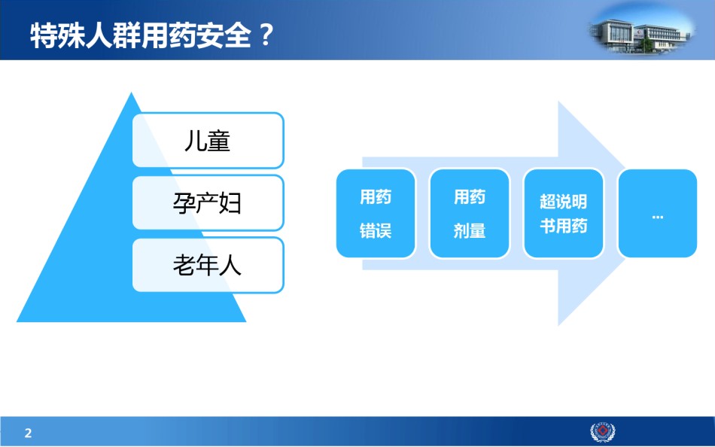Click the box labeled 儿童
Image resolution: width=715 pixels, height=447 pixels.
click(208, 140)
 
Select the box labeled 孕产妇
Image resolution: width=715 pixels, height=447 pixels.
click(208, 202)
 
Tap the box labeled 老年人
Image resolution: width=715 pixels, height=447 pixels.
click(208, 265)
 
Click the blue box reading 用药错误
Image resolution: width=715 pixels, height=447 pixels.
click(376, 214)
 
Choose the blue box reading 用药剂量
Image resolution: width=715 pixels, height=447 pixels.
click(470, 214)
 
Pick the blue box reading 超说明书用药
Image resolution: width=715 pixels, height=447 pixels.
click(564, 214)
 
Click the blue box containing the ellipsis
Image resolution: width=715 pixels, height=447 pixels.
click(658, 214)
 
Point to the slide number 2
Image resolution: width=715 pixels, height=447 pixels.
click(29, 433)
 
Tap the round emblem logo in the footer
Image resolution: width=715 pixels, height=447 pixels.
click(603, 432)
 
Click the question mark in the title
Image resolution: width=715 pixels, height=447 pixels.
click(265, 35)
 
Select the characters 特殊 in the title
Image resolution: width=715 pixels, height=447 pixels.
click(57, 35)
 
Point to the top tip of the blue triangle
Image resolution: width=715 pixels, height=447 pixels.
click(131, 93)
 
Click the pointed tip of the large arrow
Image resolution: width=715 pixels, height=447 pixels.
click(627, 214)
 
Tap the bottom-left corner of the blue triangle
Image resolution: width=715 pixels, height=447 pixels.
click(17, 321)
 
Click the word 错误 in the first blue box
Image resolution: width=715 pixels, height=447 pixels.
click(376, 230)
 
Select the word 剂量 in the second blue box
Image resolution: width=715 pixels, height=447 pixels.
click(470, 230)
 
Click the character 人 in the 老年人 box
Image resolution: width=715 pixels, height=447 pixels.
click(230, 265)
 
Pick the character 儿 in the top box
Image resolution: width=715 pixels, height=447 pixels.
click(195, 141)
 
